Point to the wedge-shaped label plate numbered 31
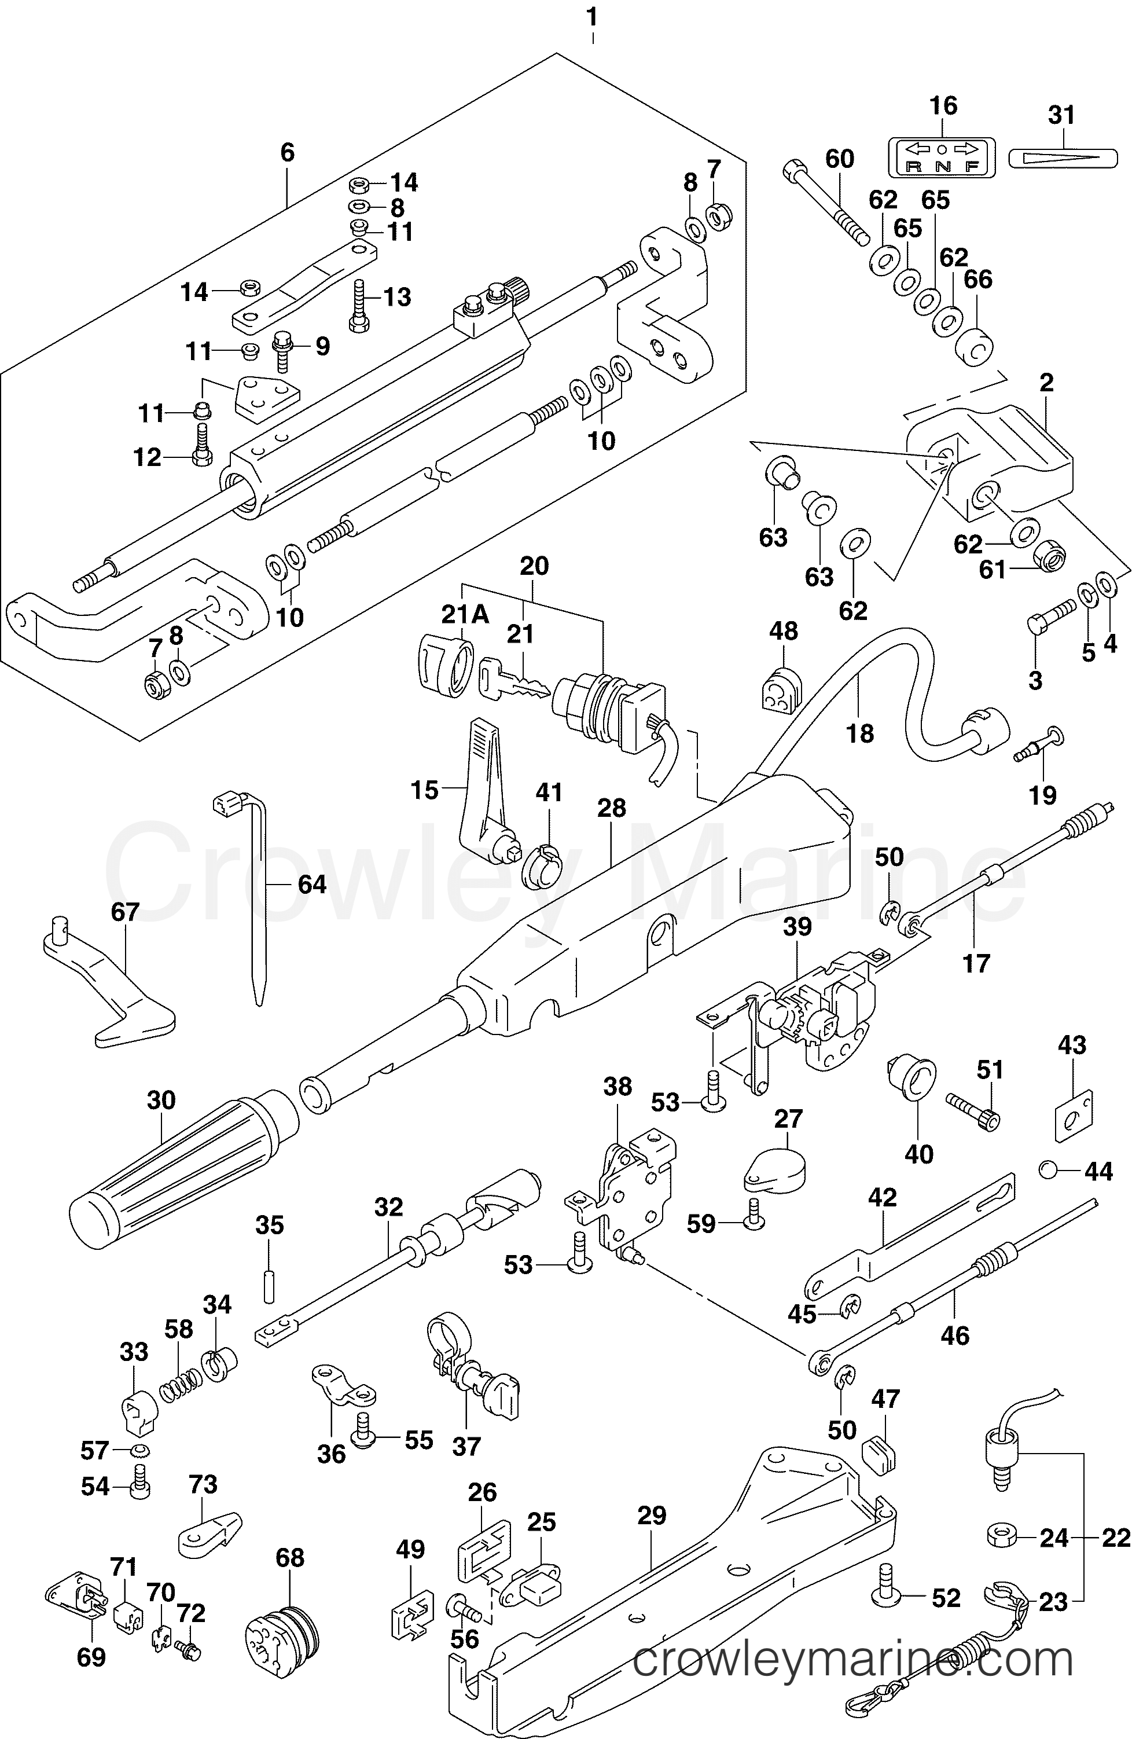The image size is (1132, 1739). point(1063,158)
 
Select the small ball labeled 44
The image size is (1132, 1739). point(1048,1171)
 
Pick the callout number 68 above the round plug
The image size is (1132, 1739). point(290,1558)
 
